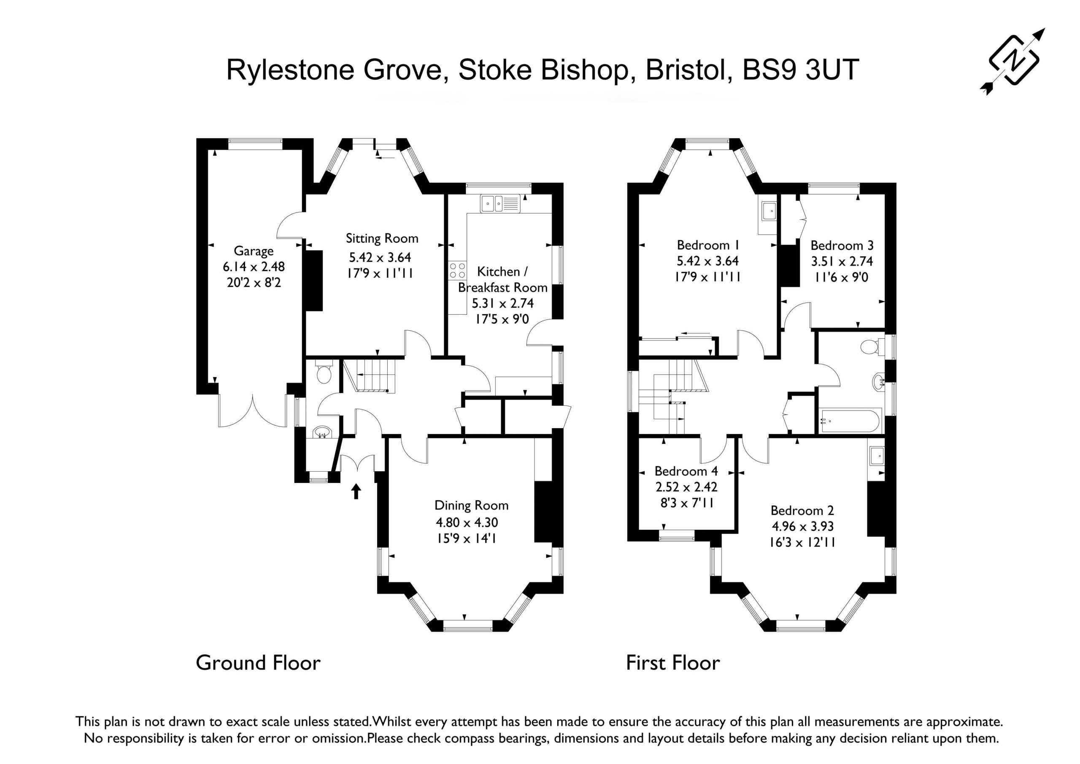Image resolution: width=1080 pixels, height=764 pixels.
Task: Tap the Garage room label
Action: (254, 251)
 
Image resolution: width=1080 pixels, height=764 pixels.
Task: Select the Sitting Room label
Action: (382, 238)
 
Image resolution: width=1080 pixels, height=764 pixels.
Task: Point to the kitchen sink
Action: (500, 204)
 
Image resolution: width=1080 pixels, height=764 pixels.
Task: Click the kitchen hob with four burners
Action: (457, 270)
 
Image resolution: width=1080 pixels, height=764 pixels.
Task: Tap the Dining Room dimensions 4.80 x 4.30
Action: (467, 522)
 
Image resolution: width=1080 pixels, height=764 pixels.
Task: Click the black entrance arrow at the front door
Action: (356, 491)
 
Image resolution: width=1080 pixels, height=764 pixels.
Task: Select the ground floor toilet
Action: (324, 373)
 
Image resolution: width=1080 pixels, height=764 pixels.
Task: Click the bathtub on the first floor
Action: (849, 421)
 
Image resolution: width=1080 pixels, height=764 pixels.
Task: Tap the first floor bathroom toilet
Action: (871, 347)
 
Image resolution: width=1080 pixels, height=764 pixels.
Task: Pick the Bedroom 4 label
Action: (686, 471)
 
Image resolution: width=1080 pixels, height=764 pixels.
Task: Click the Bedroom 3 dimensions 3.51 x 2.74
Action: (842, 261)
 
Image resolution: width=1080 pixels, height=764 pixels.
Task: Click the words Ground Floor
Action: (258, 663)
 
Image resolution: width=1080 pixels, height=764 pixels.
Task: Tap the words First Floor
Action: (672, 663)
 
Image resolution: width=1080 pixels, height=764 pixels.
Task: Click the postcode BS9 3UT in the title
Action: (801, 70)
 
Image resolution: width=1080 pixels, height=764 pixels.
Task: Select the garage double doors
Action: (253, 411)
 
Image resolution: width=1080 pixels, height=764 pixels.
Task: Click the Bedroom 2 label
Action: (802, 510)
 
